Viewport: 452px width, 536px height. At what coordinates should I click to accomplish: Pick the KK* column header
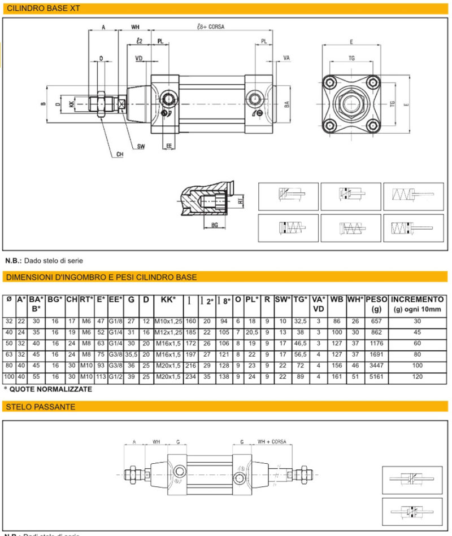click(168, 300)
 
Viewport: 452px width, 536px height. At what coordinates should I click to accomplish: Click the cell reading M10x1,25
click(168, 321)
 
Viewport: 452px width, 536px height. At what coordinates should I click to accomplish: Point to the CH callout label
click(119, 154)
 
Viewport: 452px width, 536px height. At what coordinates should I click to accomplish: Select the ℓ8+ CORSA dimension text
click(207, 26)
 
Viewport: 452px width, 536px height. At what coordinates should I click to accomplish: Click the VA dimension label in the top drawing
click(286, 58)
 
